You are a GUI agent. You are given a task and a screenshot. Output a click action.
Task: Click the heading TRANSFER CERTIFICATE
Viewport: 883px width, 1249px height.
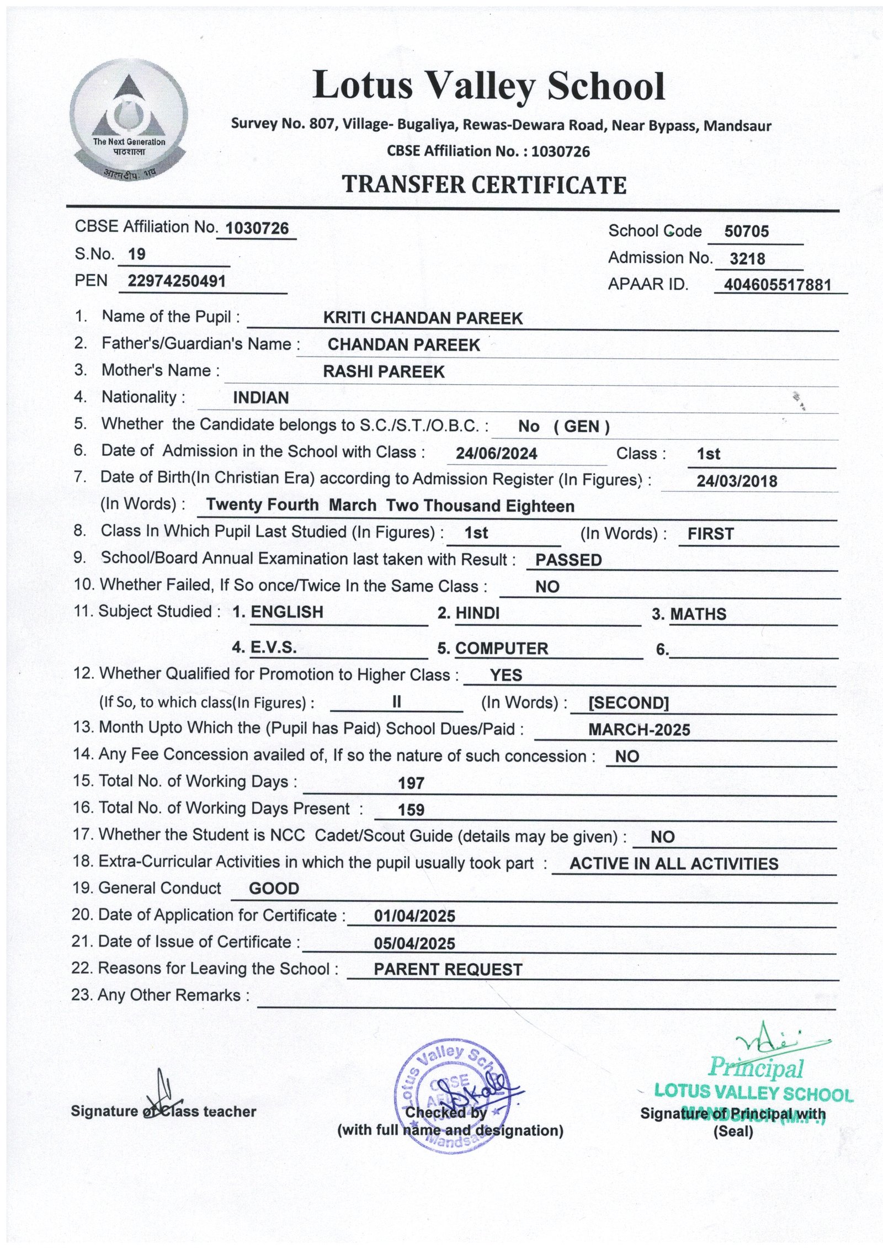(485, 185)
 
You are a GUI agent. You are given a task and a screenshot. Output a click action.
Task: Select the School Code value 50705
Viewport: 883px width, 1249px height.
(746, 231)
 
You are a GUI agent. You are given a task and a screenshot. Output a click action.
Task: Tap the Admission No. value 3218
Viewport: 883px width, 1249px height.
(747, 258)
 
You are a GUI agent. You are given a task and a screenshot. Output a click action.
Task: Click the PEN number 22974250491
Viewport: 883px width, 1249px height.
(177, 281)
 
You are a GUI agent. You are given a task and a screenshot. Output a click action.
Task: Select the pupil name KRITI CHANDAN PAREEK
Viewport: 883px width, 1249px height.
(423, 318)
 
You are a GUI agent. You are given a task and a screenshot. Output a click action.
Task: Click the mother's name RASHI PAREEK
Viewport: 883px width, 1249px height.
(384, 371)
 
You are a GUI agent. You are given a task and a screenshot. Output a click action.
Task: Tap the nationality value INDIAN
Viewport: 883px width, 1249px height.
(261, 398)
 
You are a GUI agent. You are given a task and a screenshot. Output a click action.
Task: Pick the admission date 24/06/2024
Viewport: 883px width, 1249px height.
(496, 454)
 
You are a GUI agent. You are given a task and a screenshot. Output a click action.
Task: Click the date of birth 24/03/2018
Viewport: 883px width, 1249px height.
(737, 481)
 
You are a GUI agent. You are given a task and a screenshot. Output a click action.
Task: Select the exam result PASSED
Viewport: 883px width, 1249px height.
(568, 560)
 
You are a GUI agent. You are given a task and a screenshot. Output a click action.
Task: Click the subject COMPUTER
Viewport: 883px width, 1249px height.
(501, 649)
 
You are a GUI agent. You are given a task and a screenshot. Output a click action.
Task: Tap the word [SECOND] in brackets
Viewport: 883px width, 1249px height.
(629, 703)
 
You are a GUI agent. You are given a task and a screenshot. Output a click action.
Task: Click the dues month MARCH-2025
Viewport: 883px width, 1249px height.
(639, 730)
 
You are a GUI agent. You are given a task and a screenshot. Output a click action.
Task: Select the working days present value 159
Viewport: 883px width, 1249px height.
(411, 810)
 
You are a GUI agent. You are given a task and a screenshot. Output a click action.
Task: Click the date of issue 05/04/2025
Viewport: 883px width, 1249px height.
(414, 944)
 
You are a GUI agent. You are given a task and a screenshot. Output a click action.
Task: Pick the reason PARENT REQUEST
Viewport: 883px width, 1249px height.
(448, 970)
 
